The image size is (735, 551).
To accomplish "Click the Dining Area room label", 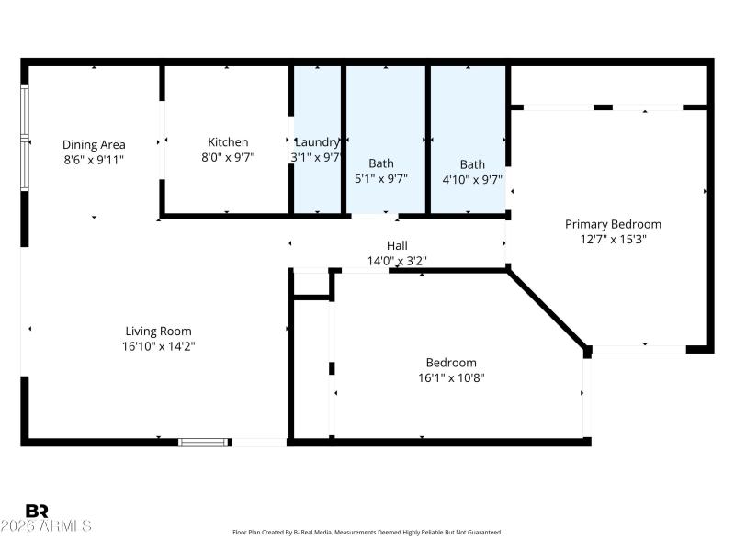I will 94,144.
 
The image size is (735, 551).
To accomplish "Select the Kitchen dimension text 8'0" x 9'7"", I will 227,157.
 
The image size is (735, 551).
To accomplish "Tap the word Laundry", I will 316,142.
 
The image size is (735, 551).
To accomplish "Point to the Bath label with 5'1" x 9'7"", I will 380,163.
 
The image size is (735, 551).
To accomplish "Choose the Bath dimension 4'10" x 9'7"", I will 472,180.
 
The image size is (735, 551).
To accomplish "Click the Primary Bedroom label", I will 613,224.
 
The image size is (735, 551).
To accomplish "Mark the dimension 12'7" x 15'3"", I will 613,239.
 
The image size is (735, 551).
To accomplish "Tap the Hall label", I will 397,245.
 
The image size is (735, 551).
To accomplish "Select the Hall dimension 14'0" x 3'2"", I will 397,261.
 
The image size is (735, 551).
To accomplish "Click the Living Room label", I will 159,331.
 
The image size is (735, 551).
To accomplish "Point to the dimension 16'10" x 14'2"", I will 159,346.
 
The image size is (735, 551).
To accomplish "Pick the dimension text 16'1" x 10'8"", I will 451,377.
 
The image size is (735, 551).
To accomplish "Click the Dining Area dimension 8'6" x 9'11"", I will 94,159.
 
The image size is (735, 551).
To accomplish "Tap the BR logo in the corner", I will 37,511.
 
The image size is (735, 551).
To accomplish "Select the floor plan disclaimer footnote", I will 367,532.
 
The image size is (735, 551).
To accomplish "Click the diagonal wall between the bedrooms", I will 548,309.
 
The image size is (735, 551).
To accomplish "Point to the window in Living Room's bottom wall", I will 203,442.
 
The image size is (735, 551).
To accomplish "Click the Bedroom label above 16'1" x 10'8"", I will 451,362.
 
